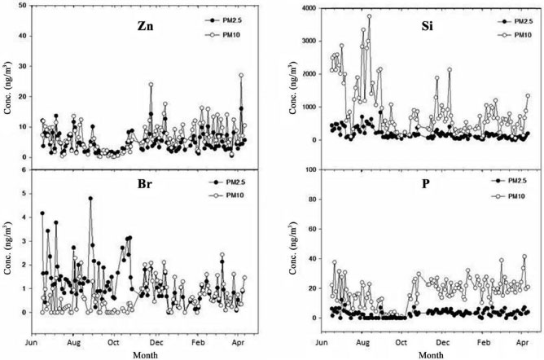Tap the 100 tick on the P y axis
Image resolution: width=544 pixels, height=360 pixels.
[x=314, y=170]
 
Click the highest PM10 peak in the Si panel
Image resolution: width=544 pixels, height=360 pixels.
[x=369, y=16]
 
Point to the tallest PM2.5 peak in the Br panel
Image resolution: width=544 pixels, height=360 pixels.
[x=90, y=198]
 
